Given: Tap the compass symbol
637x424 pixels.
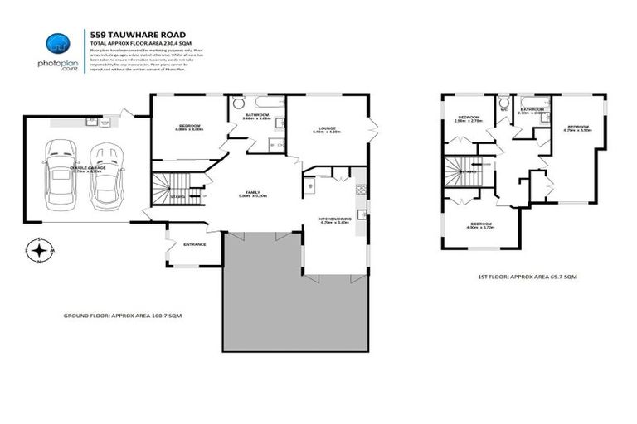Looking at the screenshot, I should click(x=40, y=250).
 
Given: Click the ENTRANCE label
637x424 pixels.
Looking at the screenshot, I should click(x=196, y=244).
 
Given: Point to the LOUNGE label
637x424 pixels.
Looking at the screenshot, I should click(x=325, y=128).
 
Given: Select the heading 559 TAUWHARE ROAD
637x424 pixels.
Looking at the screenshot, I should click(x=126, y=34).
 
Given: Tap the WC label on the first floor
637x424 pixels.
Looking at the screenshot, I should click(x=503, y=108).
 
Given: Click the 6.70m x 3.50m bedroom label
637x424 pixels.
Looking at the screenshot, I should click(x=578, y=128).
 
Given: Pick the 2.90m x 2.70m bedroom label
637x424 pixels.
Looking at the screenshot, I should click(x=467, y=118).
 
